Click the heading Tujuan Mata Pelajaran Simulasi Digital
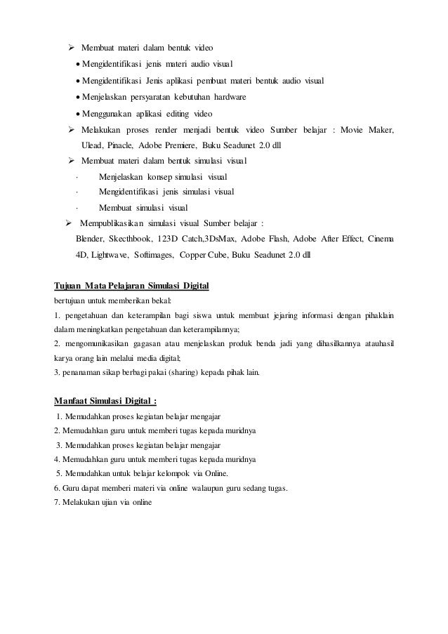131,287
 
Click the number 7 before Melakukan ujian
56,503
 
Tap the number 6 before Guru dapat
56,489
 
